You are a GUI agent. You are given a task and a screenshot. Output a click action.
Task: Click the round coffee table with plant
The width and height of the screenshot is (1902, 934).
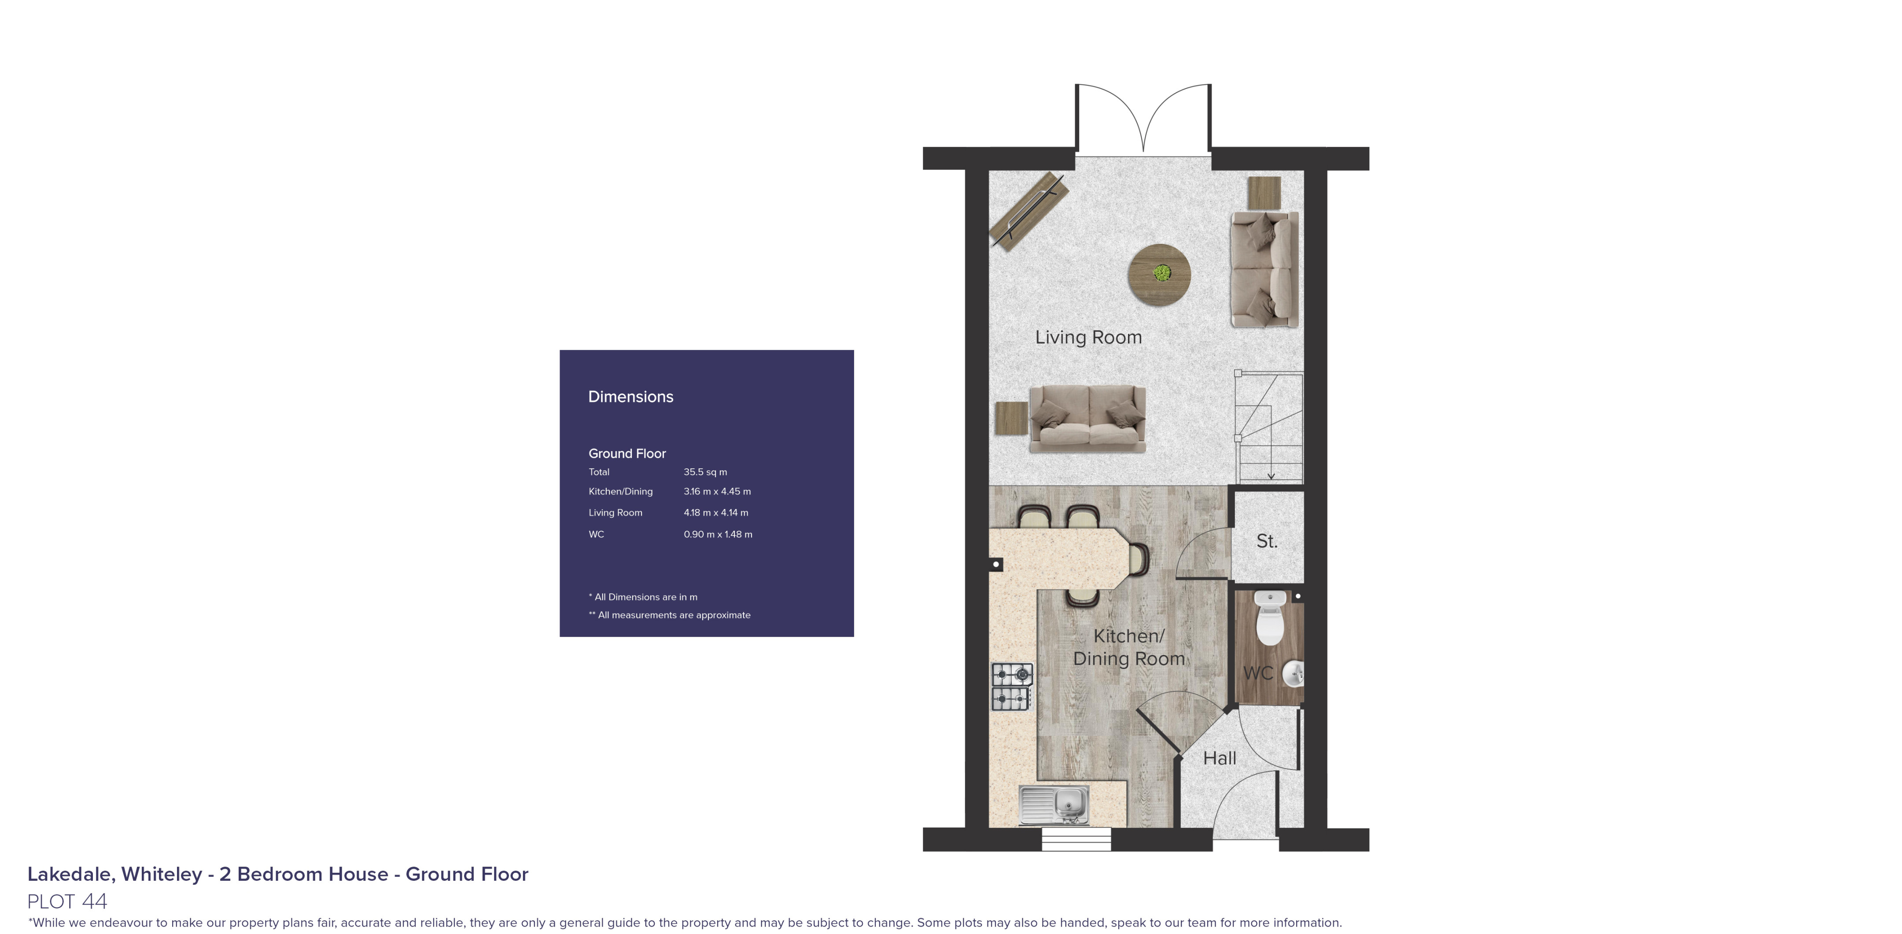tap(1158, 274)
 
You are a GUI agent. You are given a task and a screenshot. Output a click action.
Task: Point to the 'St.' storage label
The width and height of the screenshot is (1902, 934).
tap(1266, 541)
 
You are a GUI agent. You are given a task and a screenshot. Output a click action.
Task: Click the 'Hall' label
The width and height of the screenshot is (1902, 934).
tap(1219, 758)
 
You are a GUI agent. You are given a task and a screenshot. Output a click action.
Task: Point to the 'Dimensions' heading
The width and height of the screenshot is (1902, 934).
tap(630, 397)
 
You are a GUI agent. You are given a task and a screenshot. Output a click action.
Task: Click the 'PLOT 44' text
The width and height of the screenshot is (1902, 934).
tap(67, 901)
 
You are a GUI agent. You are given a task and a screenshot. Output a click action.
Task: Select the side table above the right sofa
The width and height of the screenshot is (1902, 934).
tap(1264, 193)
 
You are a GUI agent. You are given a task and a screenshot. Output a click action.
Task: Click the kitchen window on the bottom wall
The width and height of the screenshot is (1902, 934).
tap(1076, 839)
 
